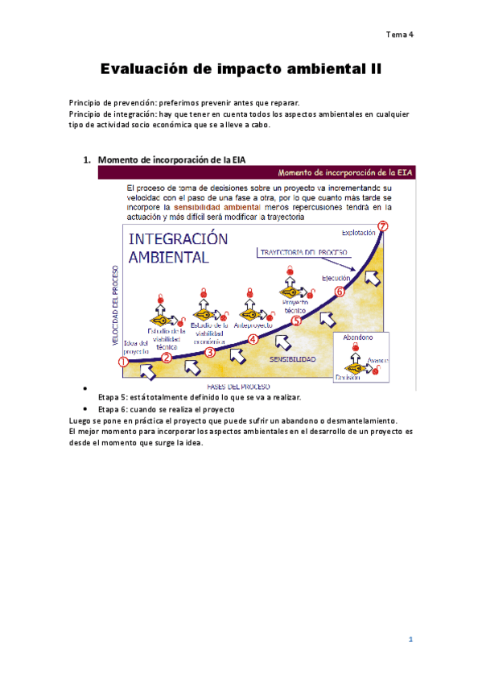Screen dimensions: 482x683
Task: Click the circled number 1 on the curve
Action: tap(123, 362)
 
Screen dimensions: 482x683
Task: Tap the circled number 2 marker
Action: tap(167, 358)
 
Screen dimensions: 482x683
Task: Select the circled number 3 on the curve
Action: tap(210, 351)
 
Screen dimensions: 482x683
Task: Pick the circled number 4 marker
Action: tap(253, 339)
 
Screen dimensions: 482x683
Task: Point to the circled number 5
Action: tap(296, 321)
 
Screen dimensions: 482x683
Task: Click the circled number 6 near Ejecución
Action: tap(340, 292)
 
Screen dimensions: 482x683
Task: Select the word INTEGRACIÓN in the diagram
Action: tap(178, 240)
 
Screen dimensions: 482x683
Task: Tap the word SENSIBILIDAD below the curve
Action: tap(292, 359)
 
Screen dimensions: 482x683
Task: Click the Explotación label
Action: tap(358, 233)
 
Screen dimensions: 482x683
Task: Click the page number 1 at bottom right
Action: tap(410, 640)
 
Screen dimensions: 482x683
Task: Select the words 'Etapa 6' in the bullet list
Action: tap(113, 409)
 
